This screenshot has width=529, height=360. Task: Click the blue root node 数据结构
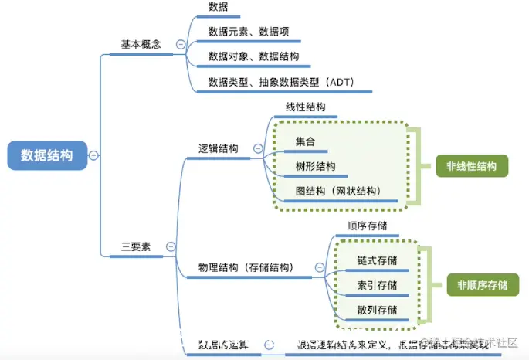47,155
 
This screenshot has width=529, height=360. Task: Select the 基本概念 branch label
141,44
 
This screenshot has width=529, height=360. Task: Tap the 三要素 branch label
136,247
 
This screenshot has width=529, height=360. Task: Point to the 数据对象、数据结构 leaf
253,56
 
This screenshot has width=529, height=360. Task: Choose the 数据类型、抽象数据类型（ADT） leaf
280,81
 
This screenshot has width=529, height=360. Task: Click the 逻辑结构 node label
219,148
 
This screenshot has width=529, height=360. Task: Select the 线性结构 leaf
306,107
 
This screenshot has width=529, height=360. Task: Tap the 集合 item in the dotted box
305,141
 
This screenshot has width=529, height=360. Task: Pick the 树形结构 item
315,166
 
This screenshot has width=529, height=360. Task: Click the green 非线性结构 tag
472,166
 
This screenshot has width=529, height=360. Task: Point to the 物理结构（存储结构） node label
246,267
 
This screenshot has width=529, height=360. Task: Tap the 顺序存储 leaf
367,226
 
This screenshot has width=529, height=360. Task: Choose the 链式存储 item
377,260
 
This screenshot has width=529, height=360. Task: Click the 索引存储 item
377,285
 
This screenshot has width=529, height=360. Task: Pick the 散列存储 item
377,310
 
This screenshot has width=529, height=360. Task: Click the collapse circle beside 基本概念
181,45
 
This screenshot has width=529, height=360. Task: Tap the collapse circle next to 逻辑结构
258,148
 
